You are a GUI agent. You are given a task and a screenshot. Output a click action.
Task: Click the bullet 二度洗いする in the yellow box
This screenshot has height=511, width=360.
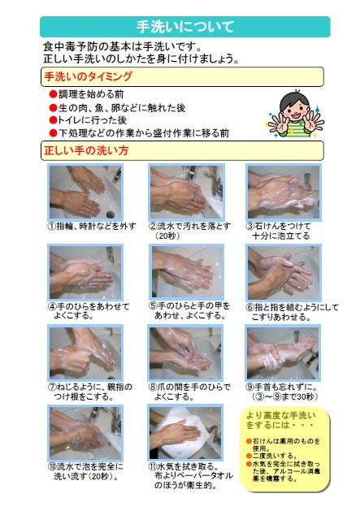(x=276, y=454)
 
